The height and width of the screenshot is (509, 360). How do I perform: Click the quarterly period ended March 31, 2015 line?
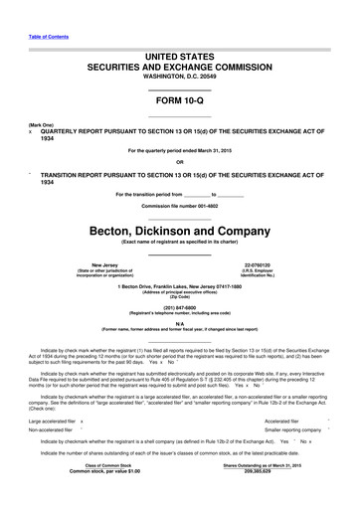[180, 150]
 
